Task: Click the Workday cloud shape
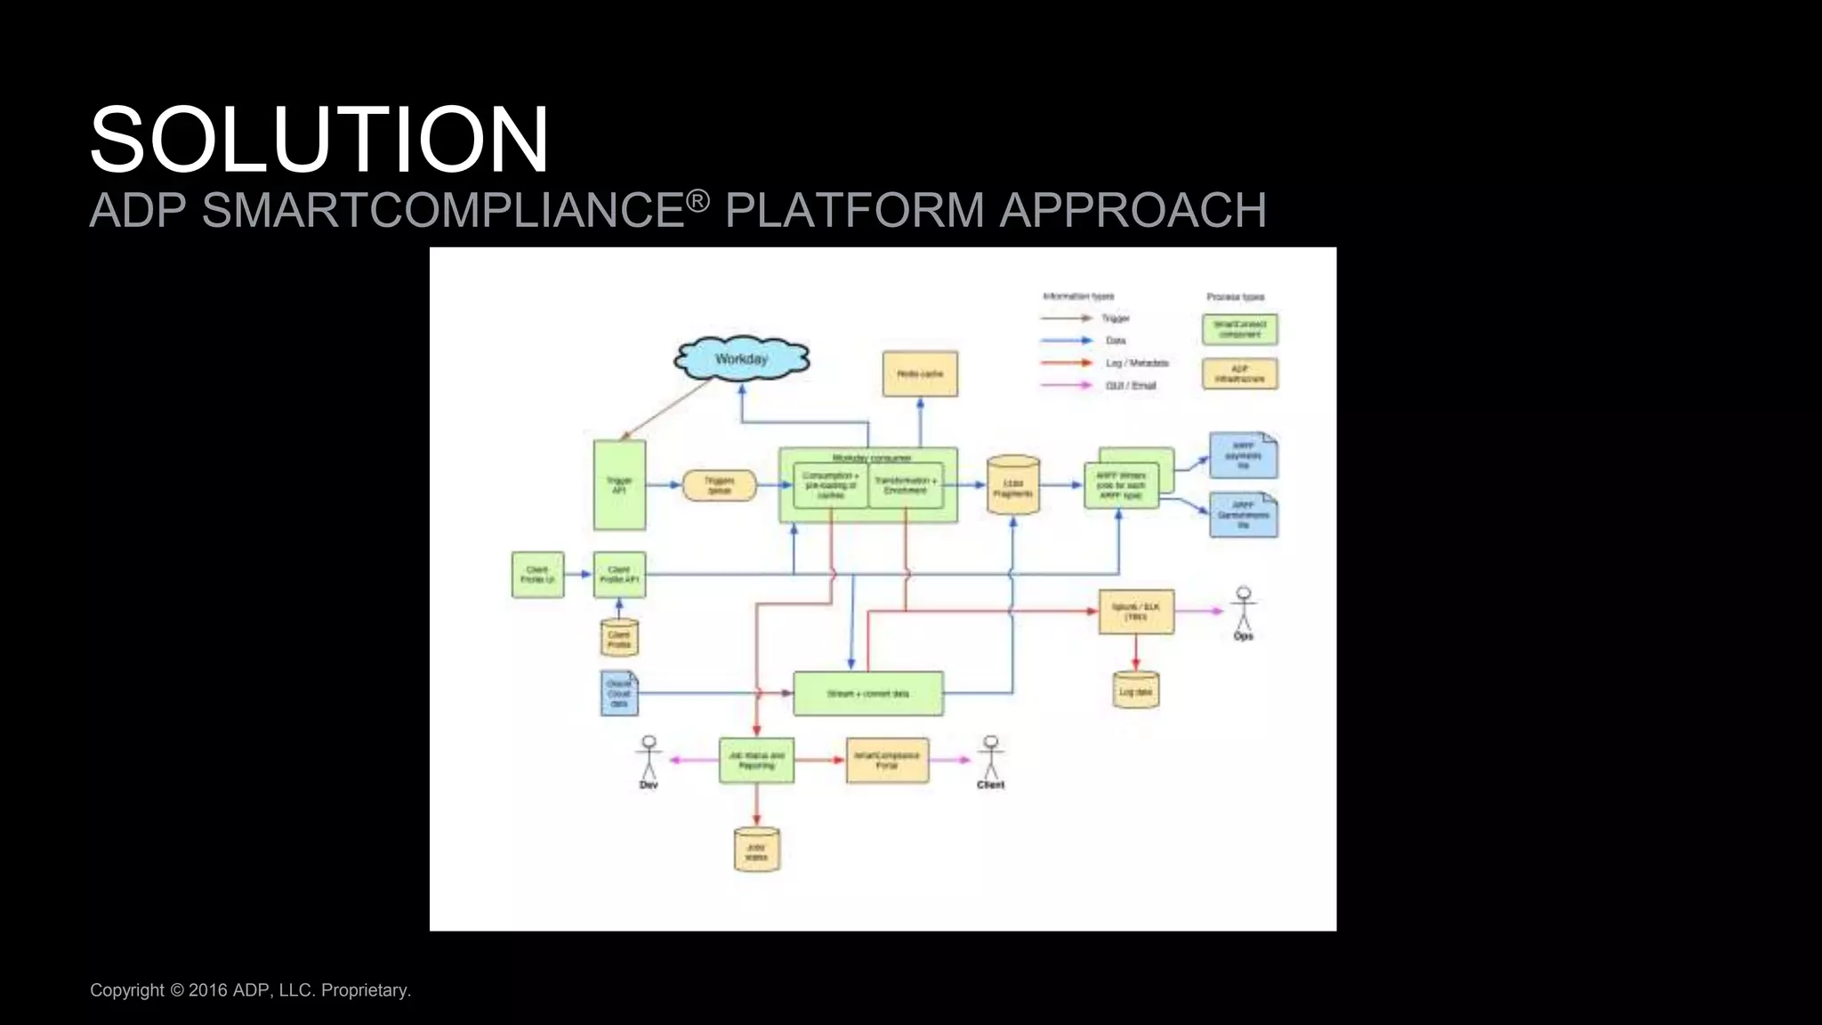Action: tap(741, 359)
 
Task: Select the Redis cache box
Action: tap(920, 374)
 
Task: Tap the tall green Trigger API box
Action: tap(619, 485)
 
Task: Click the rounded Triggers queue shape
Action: tap(719, 485)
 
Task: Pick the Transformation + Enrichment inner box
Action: tap(906, 486)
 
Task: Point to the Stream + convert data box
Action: tap(867, 693)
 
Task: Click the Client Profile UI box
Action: tap(537, 574)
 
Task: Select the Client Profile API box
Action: tap(619, 574)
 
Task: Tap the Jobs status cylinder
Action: tap(756, 850)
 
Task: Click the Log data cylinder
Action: tap(1135, 690)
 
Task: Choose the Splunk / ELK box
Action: tap(1136, 611)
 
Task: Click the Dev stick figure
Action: tap(649, 761)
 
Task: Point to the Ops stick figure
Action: tap(1243, 611)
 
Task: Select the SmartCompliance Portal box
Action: tap(887, 760)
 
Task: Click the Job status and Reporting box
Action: tap(756, 760)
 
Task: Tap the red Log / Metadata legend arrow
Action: tap(1066, 363)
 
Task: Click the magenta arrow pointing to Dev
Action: tap(693, 760)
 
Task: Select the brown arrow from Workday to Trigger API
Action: tap(665, 409)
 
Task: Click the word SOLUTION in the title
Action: tap(318, 140)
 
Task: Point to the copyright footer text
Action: tap(250, 990)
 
